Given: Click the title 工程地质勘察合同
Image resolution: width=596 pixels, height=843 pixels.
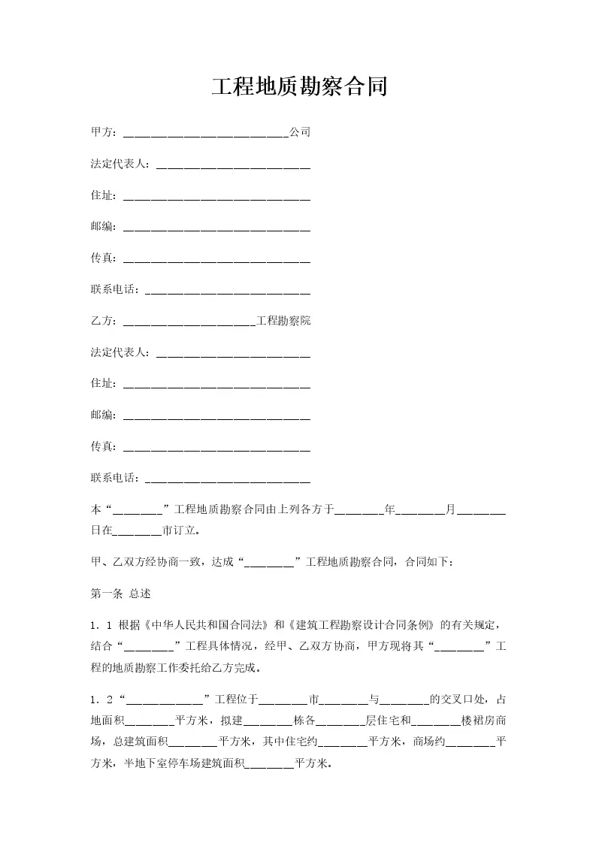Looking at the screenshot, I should point(298,86).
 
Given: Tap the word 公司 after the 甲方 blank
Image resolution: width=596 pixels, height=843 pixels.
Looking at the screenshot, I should point(300,132).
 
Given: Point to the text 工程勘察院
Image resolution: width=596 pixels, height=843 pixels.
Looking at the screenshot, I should point(283,321).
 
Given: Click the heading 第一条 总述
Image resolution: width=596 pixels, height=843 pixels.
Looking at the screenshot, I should point(120,594).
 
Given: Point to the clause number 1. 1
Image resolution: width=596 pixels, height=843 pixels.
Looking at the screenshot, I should point(101,625).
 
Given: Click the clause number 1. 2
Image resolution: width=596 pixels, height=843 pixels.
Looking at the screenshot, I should point(101,700).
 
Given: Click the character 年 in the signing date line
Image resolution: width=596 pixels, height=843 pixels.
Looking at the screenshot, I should point(389,509).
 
